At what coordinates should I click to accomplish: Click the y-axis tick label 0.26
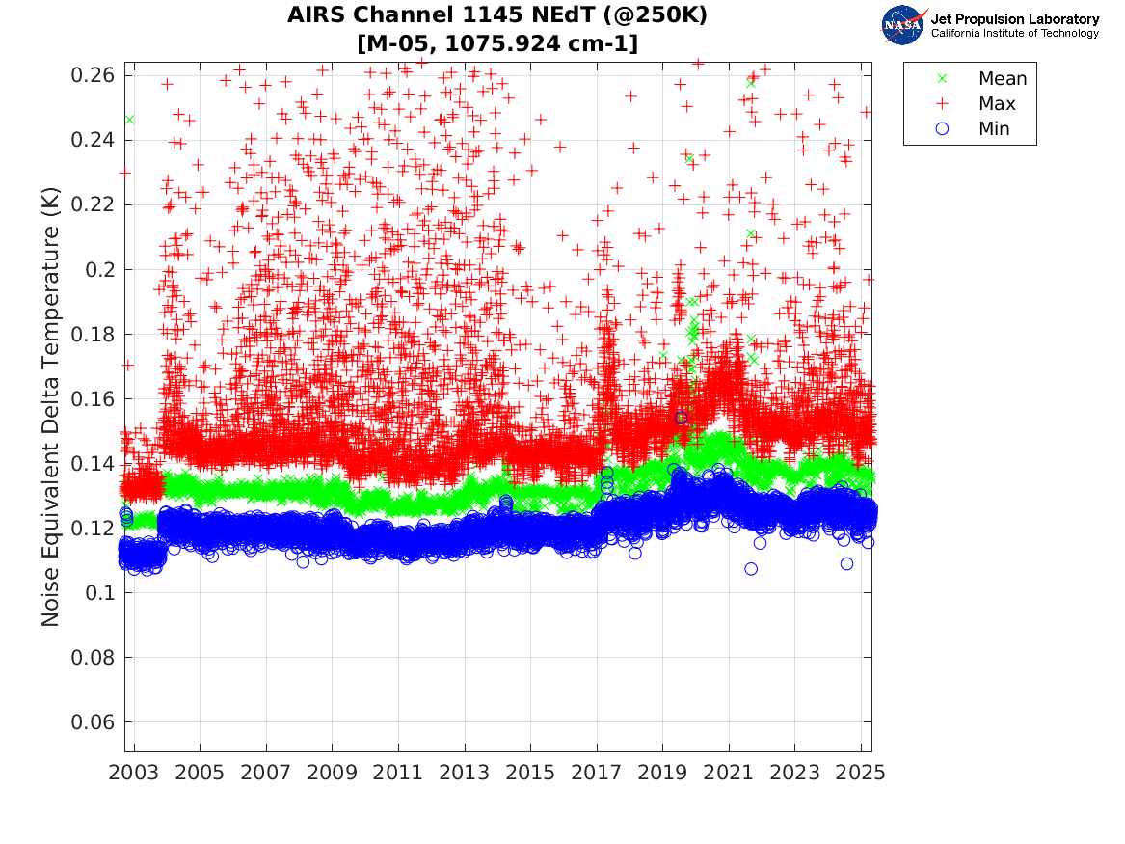[x=93, y=75]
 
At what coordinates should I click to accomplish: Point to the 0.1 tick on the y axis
[x=100, y=593]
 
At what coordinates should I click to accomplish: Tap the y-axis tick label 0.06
[x=93, y=722]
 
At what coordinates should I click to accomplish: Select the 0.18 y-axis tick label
[x=93, y=335]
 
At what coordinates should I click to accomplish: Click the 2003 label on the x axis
[x=135, y=773]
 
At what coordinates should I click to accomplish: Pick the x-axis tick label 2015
[x=530, y=773]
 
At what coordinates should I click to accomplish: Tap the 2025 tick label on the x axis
[x=860, y=773]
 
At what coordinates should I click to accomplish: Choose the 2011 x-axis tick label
[x=398, y=773]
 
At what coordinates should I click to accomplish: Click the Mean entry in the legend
[x=1003, y=79]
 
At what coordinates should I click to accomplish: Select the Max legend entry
[x=997, y=104]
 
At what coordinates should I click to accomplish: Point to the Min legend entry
[x=994, y=129]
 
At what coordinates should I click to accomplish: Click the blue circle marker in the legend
[x=942, y=129]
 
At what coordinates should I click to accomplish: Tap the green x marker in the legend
[x=942, y=79]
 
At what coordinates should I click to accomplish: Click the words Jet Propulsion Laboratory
[x=1014, y=19]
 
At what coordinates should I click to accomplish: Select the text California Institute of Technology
[x=1014, y=34]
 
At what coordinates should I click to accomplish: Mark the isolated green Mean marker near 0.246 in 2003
[x=129, y=120]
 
